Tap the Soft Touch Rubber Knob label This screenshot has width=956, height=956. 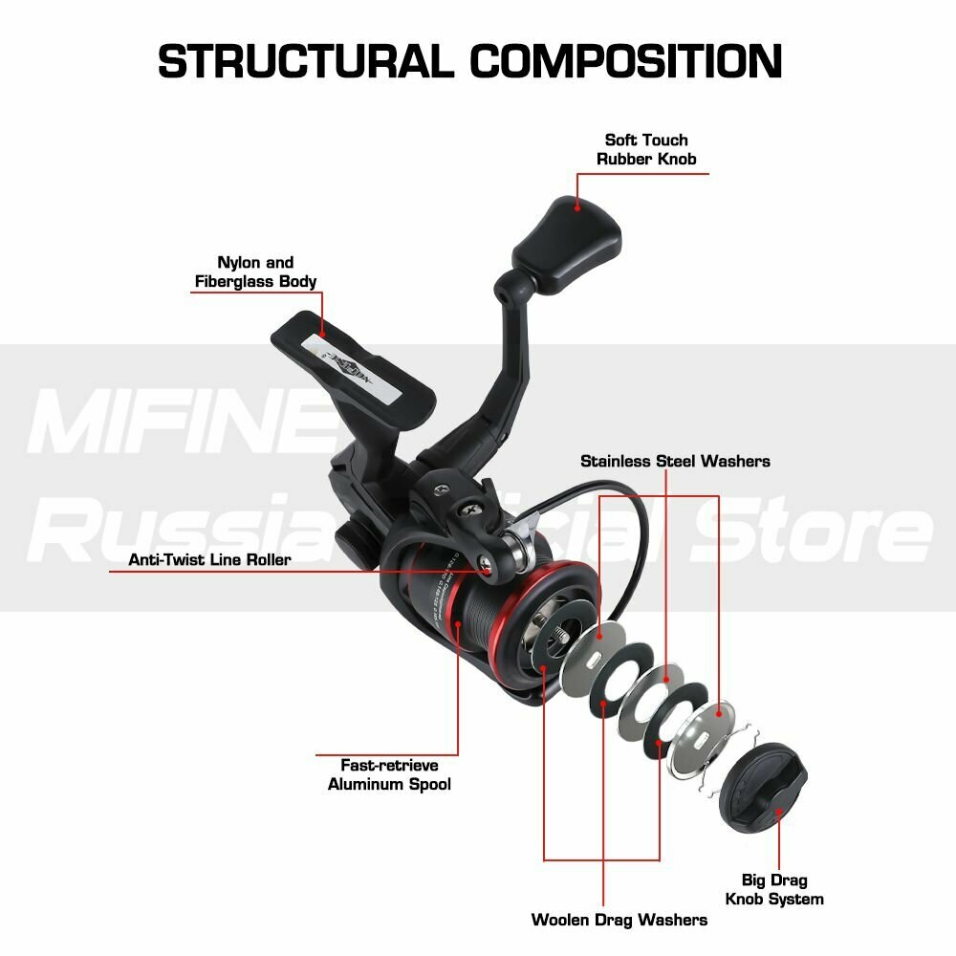[x=646, y=149]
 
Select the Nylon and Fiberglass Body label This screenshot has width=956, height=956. [x=255, y=272]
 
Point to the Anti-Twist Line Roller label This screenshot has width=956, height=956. [x=209, y=559]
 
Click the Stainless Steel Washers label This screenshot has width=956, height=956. [x=675, y=461]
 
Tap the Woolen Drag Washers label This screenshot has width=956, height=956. [x=619, y=920]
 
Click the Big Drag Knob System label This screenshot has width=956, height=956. [x=773, y=889]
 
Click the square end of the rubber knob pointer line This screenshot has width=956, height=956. [x=577, y=204]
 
